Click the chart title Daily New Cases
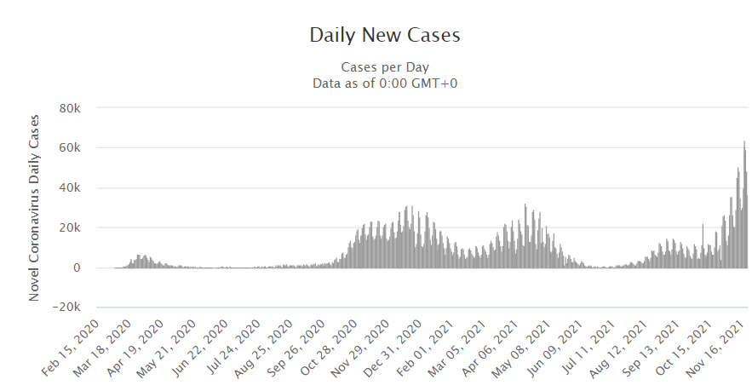(x=384, y=35)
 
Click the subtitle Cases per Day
(x=385, y=66)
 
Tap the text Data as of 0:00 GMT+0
(x=385, y=83)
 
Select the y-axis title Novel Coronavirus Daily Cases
(x=35, y=206)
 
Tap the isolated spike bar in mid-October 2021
(x=703, y=247)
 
